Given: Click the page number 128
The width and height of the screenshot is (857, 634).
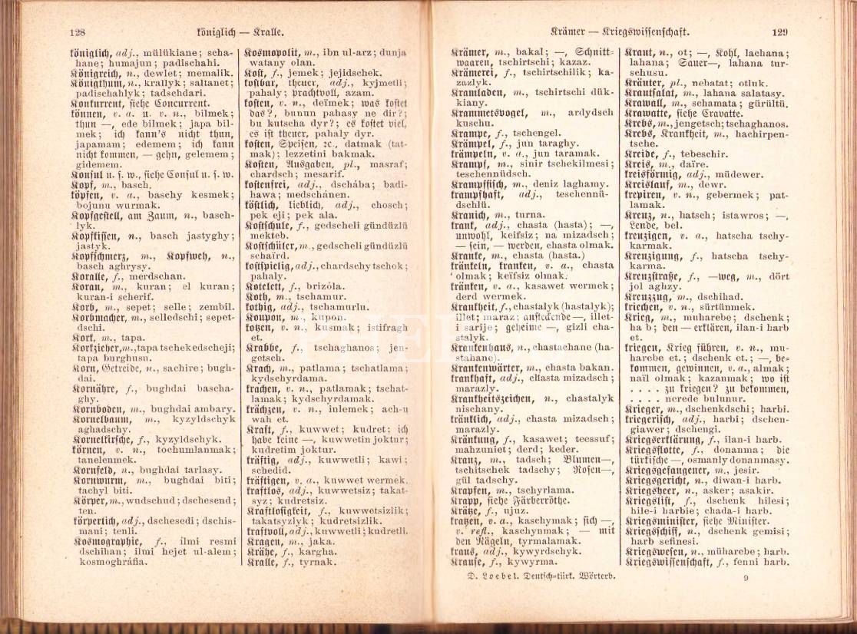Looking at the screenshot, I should pos(76,33).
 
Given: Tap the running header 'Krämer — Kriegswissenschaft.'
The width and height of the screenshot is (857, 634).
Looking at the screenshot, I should pos(620,32).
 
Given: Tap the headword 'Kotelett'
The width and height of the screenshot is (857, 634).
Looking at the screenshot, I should pos(266,284).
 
